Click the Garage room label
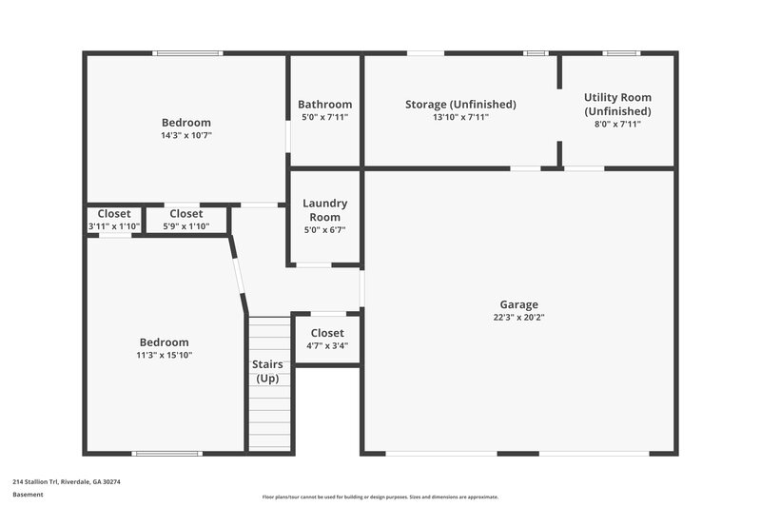(x=519, y=304)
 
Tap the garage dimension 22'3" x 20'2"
(x=519, y=318)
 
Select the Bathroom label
(x=324, y=105)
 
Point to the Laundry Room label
(x=324, y=210)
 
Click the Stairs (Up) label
(x=267, y=371)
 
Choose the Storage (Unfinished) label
(x=460, y=105)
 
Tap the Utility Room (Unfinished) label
(x=617, y=104)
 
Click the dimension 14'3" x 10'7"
(x=186, y=135)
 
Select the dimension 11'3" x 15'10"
(x=165, y=356)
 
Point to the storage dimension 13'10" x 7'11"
(x=460, y=117)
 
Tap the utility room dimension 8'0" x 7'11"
(x=617, y=124)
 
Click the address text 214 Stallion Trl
(x=67, y=482)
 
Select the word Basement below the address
(x=28, y=495)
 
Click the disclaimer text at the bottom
(x=380, y=497)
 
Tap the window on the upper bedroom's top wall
(x=188, y=53)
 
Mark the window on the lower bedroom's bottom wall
(x=166, y=453)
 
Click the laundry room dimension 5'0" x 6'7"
(x=324, y=229)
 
